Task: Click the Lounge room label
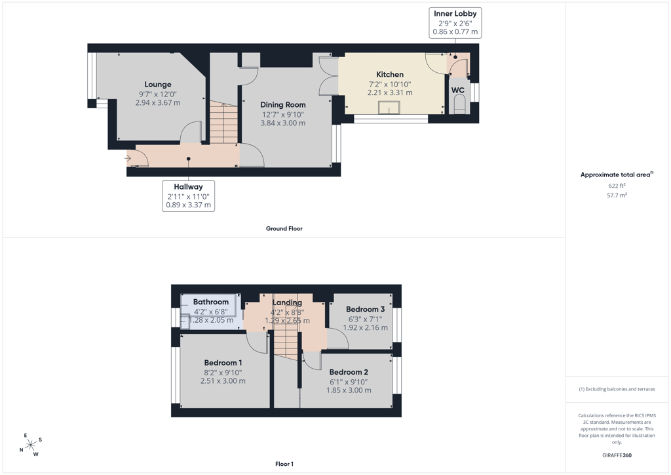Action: coord(158,85)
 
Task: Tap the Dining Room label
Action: coord(283,104)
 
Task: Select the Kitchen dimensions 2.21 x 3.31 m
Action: coord(390,93)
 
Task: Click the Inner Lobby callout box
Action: coord(455,23)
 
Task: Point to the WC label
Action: coord(458,90)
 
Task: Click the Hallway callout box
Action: coord(188,196)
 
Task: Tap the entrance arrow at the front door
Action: coord(128,159)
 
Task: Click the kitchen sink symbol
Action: coord(389,108)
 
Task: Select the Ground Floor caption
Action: coord(284,228)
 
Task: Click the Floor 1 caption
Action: coord(284,464)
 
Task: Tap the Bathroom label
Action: coord(210,302)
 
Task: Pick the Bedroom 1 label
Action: coord(223,363)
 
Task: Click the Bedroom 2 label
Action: coord(349,372)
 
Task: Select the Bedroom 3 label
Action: coord(366,309)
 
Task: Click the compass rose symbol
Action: coord(31,445)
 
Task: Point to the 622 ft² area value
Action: coord(617,186)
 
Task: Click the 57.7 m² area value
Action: coord(617,195)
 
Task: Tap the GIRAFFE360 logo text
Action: coord(617,455)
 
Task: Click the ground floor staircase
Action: coord(223,122)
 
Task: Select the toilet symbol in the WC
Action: coord(459,104)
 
